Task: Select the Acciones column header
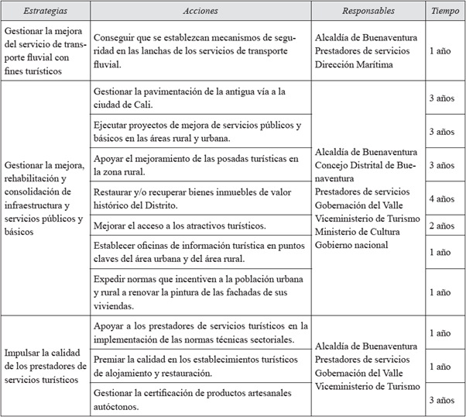coord(200,12)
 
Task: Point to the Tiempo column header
coord(445,12)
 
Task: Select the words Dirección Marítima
coord(359,64)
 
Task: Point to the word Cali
coord(145,105)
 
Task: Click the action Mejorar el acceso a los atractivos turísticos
coord(179,226)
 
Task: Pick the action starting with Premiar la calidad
coord(194,367)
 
